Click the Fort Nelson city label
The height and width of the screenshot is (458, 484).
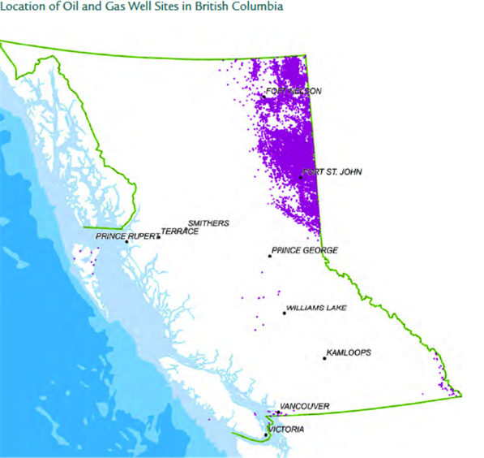[293, 92]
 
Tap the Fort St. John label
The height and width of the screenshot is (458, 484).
[333, 172]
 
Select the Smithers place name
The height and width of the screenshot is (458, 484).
[208, 223]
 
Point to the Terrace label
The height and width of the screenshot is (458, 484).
[179, 231]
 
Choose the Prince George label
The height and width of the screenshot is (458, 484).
[305, 251]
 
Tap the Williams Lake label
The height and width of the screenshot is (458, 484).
[317, 309]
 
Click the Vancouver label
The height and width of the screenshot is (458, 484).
[304, 405]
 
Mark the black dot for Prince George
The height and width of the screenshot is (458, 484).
[270, 256]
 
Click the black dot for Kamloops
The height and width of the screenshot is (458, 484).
[324, 358]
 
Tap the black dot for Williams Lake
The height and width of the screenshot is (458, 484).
[284, 313]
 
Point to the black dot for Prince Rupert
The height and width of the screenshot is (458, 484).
[126, 242]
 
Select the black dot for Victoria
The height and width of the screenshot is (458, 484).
[266, 435]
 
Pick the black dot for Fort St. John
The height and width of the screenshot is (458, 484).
[301, 176]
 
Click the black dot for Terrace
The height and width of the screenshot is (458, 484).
[159, 236]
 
